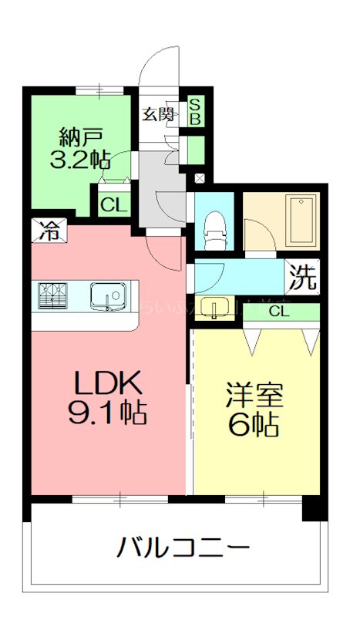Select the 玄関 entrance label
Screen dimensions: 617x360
157,115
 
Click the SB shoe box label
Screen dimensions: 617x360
195,112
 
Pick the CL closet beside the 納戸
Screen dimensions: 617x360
113,204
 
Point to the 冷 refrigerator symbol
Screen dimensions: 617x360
48,230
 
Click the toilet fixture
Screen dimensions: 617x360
214,228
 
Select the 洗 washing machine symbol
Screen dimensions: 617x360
303,278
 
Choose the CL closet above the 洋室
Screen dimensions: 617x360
280,312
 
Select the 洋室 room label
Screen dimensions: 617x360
254,395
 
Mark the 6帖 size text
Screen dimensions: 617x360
254,425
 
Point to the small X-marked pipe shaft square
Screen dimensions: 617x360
200,179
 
